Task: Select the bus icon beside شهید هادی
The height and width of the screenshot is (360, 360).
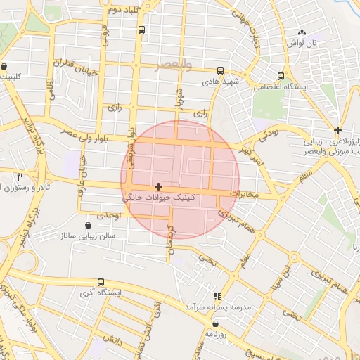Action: coord(221,71)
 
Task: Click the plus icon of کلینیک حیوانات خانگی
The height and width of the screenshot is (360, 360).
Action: coord(159,186)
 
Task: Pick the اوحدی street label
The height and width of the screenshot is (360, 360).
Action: coord(109,214)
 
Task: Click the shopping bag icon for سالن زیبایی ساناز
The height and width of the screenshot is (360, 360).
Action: coord(88,226)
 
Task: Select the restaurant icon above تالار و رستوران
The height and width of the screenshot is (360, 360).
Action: coord(20,176)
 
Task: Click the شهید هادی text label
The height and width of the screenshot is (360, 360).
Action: coord(221,82)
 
